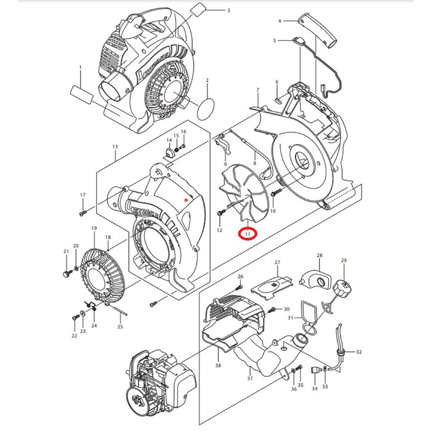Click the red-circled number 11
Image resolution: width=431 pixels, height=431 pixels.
click(248, 234)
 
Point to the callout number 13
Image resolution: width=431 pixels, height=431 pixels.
click(115, 147)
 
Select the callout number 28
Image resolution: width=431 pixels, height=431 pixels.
click(320, 256)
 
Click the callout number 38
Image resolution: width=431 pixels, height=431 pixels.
click(217, 365)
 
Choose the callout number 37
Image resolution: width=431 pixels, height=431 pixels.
click(249, 378)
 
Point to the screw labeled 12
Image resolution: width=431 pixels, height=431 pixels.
click(220, 213)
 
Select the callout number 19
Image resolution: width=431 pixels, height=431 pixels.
click(94, 228)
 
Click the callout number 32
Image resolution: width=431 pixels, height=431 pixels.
click(359, 352)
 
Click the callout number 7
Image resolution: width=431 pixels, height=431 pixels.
click(257, 91)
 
